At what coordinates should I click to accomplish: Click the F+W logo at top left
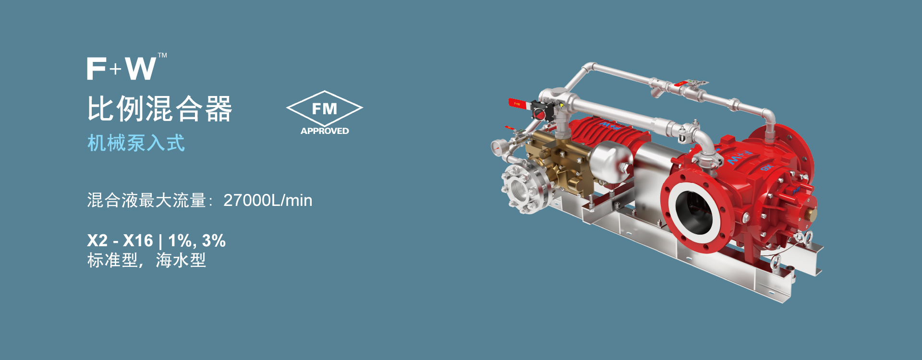[x=121, y=69]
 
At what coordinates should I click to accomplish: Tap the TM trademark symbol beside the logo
[x=163, y=55]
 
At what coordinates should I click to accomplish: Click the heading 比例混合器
[x=159, y=108]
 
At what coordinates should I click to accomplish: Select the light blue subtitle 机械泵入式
[x=136, y=143]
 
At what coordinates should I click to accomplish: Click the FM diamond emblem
[x=325, y=108]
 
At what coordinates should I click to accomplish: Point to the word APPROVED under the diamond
[x=325, y=131]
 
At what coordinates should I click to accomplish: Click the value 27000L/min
[x=268, y=200]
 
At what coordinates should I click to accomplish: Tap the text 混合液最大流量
[x=146, y=200]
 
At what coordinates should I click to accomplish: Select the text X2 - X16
[x=120, y=240]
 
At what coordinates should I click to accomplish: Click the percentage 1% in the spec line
[x=180, y=240]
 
